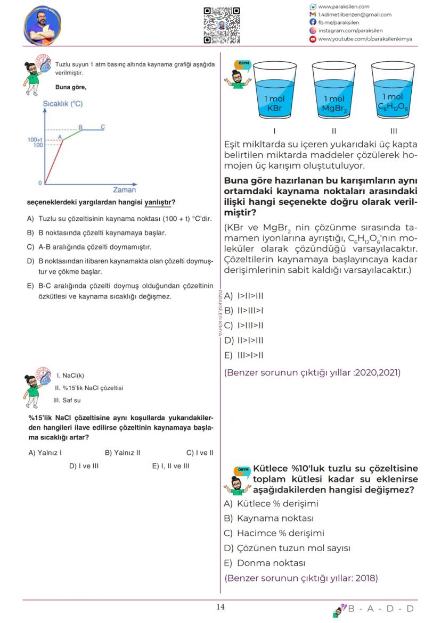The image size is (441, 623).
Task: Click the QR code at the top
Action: click(222, 25)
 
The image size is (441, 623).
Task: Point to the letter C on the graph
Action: click(103, 127)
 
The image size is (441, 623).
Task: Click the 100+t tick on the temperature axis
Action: click(35, 139)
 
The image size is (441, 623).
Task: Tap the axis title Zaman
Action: click(124, 190)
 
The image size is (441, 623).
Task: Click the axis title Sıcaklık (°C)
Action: click(63, 104)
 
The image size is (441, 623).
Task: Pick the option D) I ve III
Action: click(84, 466)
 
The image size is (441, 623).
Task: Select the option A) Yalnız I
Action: click(45, 453)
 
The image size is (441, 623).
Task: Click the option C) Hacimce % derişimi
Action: click(274, 533)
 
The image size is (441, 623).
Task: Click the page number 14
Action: click(220, 608)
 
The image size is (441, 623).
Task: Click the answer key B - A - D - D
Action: click(380, 609)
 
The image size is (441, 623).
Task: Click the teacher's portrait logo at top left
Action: click(43, 26)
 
